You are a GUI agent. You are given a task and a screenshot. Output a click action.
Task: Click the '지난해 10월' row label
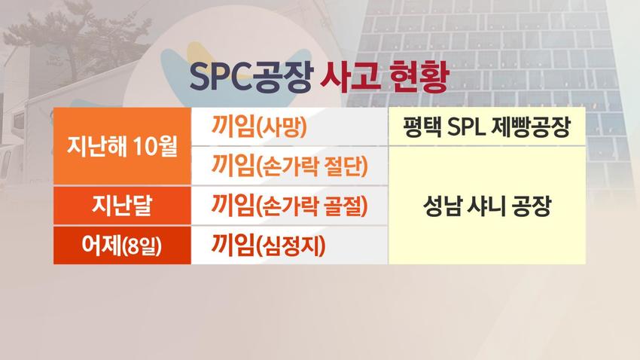122,146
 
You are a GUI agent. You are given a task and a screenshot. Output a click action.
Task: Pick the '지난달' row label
122,206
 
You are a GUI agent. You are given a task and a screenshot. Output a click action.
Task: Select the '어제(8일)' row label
122,245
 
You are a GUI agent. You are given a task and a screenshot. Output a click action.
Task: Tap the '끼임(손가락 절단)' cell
290,166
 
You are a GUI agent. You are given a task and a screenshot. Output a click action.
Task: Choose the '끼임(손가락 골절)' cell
290,206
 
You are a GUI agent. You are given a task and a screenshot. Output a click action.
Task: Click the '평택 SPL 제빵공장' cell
487,128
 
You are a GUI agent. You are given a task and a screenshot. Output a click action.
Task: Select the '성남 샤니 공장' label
487,206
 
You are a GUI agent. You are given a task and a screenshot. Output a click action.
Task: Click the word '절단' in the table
349,166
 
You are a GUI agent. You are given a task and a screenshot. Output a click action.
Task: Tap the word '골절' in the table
349,206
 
